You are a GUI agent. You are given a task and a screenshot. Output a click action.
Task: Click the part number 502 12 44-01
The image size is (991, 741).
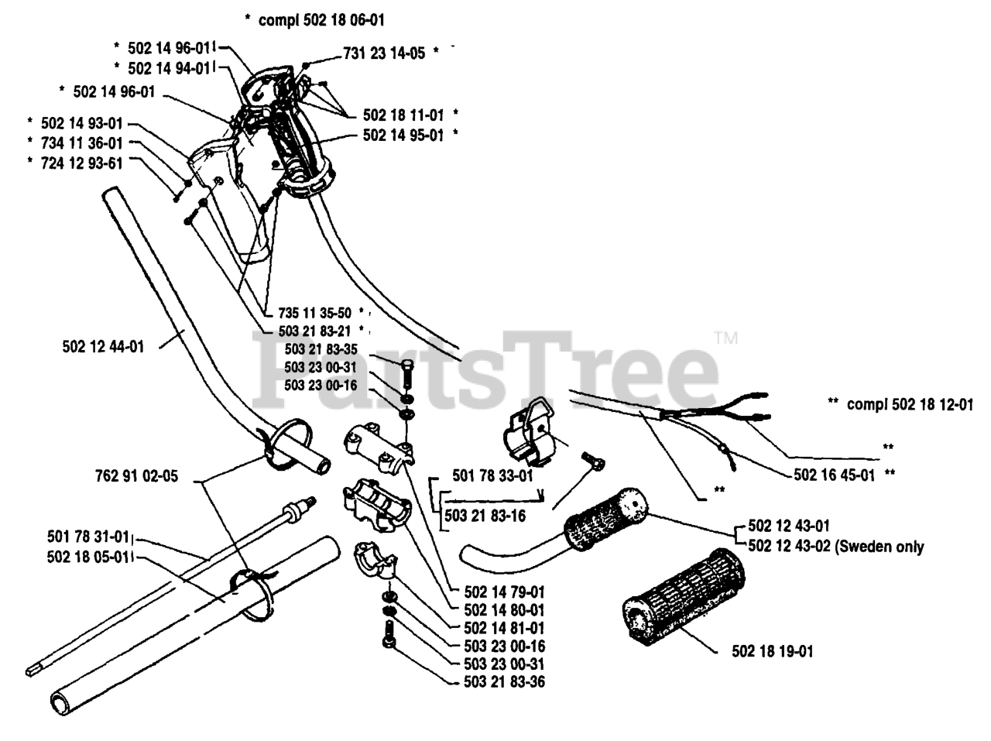102,347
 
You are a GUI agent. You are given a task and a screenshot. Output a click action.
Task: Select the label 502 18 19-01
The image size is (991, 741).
772,651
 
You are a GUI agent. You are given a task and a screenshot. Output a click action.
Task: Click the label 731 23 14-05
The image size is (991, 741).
384,54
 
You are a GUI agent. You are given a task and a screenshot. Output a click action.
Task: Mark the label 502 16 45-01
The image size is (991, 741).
834,475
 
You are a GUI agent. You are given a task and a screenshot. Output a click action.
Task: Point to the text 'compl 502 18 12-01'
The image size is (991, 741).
910,403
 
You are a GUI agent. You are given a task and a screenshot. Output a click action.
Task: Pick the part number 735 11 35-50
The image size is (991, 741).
314,313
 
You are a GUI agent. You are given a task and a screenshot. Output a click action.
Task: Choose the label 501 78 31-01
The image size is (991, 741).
87,537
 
